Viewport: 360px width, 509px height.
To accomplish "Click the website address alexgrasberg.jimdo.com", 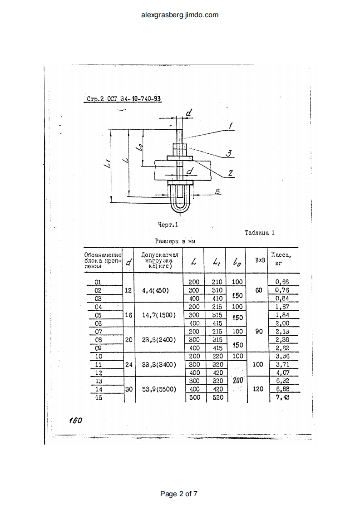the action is click(180, 15).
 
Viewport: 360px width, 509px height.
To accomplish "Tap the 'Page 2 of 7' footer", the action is click(180, 494).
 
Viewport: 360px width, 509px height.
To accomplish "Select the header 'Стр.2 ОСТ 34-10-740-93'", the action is click(124, 99).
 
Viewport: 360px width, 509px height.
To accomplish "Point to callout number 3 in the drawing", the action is click(229, 154).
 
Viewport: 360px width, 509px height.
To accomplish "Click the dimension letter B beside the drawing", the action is click(217, 192).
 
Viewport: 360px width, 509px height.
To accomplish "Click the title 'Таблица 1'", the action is click(260, 233).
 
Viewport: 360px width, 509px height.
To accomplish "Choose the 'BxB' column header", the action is click(260, 260).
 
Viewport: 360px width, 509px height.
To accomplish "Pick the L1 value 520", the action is click(217, 397).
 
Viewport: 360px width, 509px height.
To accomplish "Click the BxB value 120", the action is click(258, 389).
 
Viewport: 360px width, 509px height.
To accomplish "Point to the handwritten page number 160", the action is click(75, 420).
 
